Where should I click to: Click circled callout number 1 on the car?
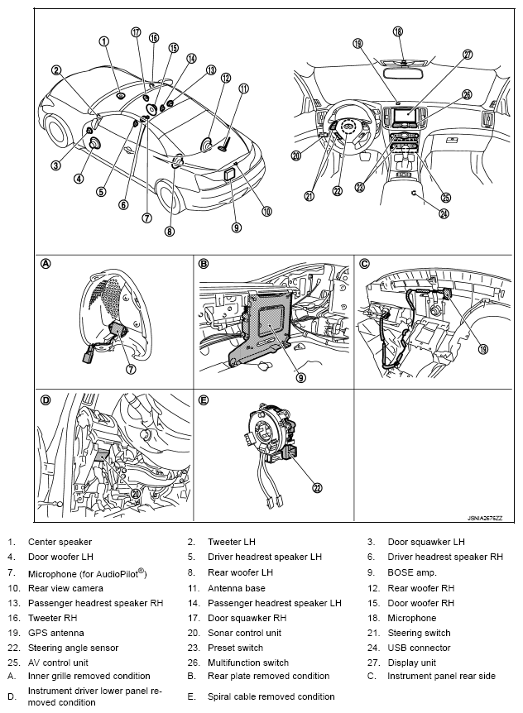coord(104,41)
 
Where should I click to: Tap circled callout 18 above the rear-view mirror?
coord(399,31)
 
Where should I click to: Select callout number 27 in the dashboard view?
coord(468,55)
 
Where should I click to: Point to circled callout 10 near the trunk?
coord(266,211)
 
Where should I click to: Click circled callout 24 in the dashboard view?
coord(444,213)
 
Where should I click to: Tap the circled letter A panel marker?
coord(46,265)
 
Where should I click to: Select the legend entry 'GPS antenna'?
coord(51,633)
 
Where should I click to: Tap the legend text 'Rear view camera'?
coord(62,588)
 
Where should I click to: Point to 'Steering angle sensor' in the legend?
coord(73,648)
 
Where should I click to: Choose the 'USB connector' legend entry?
coord(419,648)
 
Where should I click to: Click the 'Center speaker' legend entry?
coord(60,543)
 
